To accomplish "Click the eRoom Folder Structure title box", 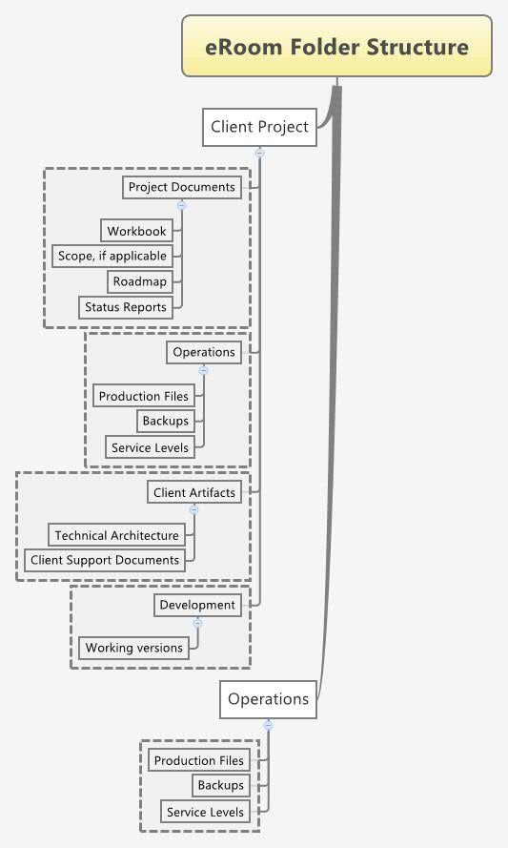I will coord(337,47).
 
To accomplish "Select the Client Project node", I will coord(259,127).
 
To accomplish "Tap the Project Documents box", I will coord(181,187).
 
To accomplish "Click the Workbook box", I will coord(136,231).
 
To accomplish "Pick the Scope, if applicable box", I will coord(112,256).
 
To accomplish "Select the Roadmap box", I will coord(139,281).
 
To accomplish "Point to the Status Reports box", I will coord(125,307).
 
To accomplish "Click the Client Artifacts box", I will coord(193,492).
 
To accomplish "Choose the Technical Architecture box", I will coord(116,535).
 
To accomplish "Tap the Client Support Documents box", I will coord(105,560).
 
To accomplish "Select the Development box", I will coord(196,605).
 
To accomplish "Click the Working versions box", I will coord(133,648).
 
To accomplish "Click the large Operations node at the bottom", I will coord(268,699).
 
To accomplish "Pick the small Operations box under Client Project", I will coord(203,352).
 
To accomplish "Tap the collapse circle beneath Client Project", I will coord(259,152).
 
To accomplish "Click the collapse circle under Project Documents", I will coord(181,205).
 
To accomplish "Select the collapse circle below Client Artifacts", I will coord(193,510).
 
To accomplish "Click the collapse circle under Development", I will coord(197,623).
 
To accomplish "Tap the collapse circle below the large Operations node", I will coord(268,725).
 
